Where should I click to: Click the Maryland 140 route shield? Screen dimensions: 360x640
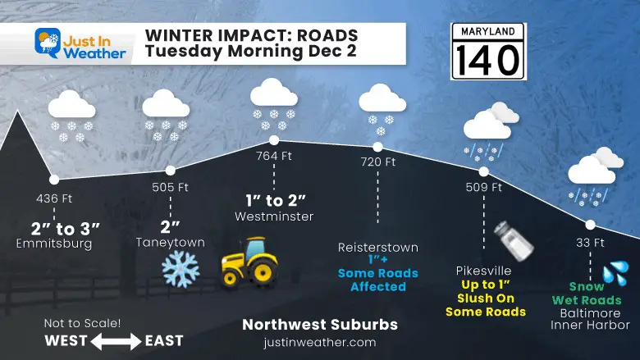coord(487,52)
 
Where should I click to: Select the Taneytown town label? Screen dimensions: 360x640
coord(170,242)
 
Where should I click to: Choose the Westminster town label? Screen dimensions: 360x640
coord(274,216)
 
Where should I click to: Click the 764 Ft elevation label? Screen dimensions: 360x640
coord(274,156)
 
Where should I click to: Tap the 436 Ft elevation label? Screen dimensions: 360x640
coord(54,198)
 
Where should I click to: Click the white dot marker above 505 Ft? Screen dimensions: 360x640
coord(170,171)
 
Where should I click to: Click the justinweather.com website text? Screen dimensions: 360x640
coord(320,342)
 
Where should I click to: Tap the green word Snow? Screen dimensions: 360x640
coord(586,287)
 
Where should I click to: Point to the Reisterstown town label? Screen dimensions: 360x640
coord(378,247)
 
